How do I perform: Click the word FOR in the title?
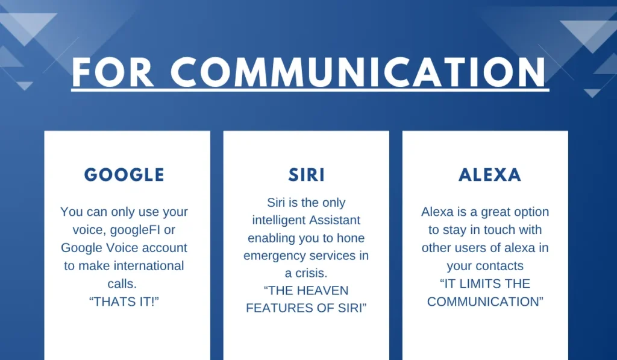pos(113,72)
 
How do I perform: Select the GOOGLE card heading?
pos(124,175)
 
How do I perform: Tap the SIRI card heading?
pos(307,175)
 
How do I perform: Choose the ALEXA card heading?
pos(490,175)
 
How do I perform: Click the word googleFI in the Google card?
pos(135,230)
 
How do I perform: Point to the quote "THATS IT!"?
pos(124,302)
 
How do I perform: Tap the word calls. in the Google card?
pos(122,283)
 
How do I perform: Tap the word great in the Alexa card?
pos(495,212)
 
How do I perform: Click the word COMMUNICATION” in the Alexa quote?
pos(485,302)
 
